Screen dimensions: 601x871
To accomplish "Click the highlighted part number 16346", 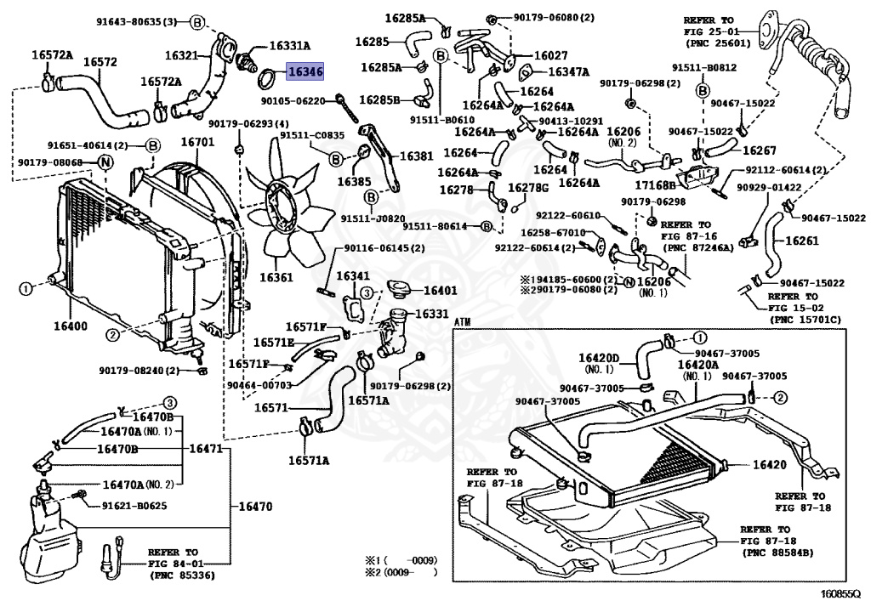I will tap(305, 72).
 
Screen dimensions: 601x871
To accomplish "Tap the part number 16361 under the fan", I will tap(276, 277).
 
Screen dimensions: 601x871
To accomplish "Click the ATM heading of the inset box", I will tap(462, 323).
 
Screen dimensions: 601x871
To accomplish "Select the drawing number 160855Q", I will tap(840, 592).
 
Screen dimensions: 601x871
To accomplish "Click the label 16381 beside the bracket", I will tap(417, 156).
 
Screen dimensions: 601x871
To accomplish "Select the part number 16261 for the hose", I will tap(801, 241).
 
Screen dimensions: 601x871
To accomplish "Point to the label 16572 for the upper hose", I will tap(100, 62).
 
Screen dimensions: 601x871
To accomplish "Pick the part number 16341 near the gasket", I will tap(352, 276).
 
